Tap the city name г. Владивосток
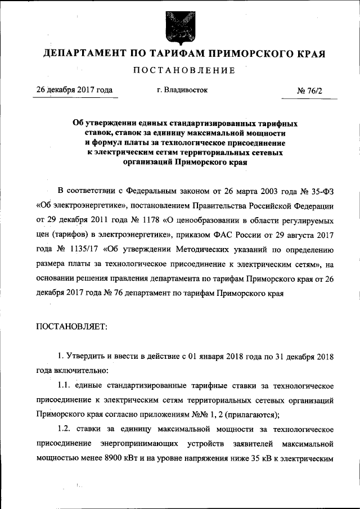(x=182, y=90)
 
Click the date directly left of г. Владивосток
(x=74, y=90)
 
